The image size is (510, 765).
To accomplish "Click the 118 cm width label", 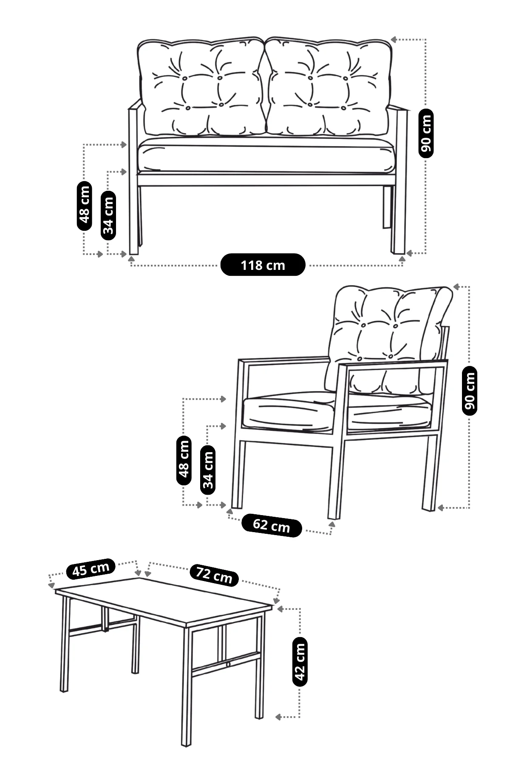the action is tap(263, 265).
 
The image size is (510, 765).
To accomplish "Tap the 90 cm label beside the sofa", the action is tap(426, 133).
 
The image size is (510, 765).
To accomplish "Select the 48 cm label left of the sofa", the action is tap(84, 206).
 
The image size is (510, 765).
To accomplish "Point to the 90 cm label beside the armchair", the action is tap(470, 390).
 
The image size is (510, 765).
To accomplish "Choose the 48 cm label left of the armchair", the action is tap(184, 459).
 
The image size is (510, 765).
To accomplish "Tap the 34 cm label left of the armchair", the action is tap(208, 470).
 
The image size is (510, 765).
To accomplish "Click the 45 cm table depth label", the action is tap(91, 569).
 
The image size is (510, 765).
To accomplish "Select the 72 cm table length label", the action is tap(214, 575).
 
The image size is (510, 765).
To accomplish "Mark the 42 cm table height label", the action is tap(300, 661).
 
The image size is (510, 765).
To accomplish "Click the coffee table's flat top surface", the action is tap(164, 599).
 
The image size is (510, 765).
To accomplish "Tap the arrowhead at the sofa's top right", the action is tap(394, 40).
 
